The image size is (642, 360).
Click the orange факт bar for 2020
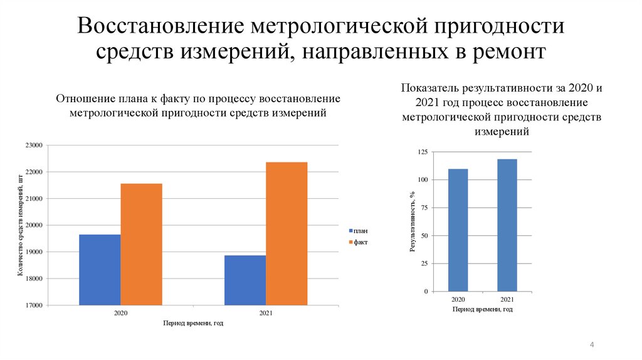click(x=141, y=244)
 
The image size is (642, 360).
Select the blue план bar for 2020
click(x=100, y=270)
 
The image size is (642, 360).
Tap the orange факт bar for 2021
click(x=287, y=233)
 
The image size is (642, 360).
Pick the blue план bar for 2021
click(x=245, y=280)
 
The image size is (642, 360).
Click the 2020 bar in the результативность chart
click(x=458, y=230)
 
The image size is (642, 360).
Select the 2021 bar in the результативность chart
click(x=507, y=225)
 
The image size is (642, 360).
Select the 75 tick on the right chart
click(x=424, y=208)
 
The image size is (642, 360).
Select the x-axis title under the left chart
click(x=193, y=323)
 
